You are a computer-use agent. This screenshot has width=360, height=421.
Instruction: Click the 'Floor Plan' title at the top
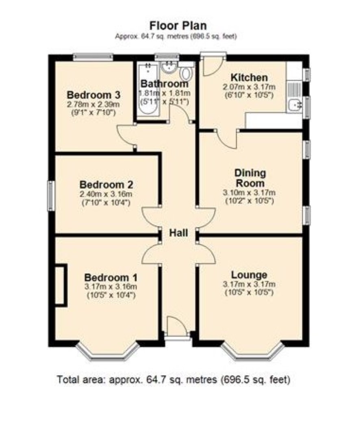(178, 26)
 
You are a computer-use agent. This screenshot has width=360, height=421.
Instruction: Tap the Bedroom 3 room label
(93, 95)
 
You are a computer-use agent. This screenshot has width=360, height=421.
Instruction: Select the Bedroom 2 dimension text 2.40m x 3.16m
(106, 194)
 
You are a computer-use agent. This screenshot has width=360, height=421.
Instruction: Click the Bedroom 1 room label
(111, 277)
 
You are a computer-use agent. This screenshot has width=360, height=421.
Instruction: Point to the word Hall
(178, 233)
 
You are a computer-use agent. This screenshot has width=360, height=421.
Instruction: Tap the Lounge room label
(249, 275)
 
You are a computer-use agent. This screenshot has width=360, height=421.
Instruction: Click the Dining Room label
(250, 178)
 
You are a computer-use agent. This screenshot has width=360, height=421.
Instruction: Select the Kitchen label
(249, 78)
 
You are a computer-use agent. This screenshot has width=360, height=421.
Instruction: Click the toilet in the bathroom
(186, 73)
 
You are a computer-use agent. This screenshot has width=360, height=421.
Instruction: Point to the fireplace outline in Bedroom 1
(61, 285)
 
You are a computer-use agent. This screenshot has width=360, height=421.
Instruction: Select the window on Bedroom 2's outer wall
(50, 195)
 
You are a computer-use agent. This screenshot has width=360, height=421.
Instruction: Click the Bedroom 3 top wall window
(93, 57)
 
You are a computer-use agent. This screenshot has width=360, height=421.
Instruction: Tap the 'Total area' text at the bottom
(173, 380)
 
